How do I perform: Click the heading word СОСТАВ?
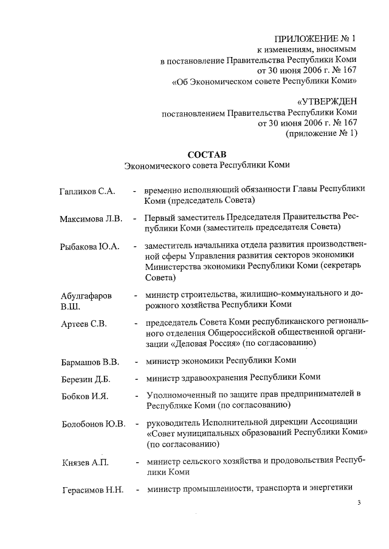click(x=207, y=153)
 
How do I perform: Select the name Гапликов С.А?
click(x=88, y=192)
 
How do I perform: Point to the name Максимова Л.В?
click(x=91, y=218)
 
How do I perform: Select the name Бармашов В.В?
click(x=89, y=362)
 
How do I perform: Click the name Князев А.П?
click(x=85, y=463)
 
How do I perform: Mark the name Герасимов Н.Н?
click(x=92, y=491)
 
